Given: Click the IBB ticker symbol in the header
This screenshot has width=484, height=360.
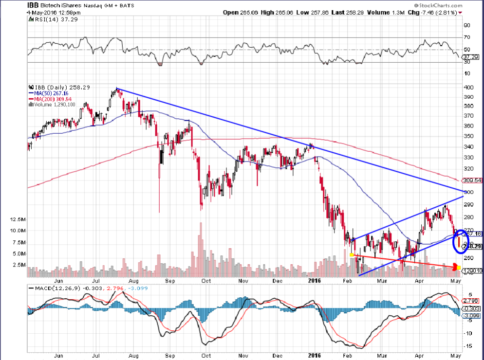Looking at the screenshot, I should [34, 5].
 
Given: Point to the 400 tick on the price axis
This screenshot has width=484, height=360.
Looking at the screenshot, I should [468, 87].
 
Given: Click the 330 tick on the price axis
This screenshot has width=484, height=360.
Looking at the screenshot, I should [468, 158].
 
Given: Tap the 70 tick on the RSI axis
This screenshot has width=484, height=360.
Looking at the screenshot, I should [466, 37].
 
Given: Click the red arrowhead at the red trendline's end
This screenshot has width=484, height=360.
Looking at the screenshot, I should [455, 267].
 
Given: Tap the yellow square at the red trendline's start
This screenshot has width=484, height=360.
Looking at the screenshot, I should [352, 254].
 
